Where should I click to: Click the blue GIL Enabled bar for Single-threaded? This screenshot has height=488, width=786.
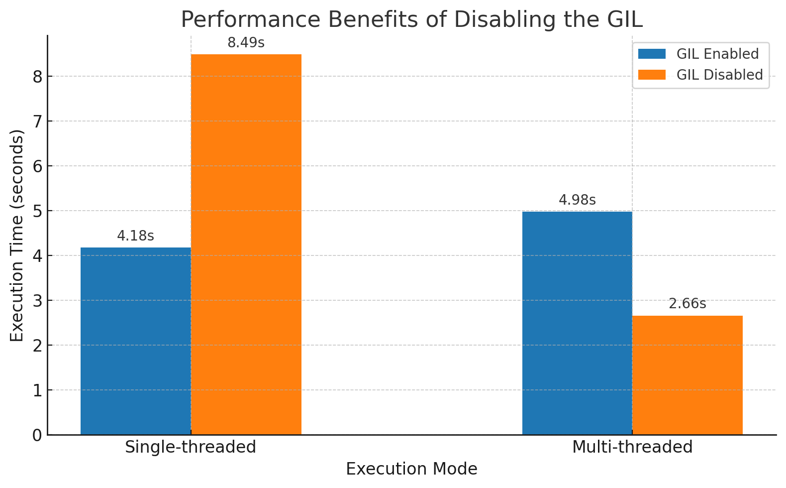(x=135, y=341)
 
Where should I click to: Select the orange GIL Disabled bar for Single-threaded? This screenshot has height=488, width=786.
(x=246, y=244)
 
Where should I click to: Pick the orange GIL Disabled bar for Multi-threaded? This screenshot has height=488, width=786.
(x=688, y=375)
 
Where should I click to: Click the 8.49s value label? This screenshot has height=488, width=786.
(x=246, y=43)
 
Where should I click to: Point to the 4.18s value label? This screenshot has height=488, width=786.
(x=135, y=236)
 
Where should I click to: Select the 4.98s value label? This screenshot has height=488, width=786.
(x=577, y=200)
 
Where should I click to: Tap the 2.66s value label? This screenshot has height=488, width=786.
(x=688, y=304)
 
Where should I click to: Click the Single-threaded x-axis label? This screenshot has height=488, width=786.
(x=191, y=447)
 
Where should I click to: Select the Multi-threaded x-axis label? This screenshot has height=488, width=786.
(x=632, y=447)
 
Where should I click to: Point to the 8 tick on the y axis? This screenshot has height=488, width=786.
(x=37, y=77)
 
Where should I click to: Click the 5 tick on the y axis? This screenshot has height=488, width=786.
(x=37, y=211)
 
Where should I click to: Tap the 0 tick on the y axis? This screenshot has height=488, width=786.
(x=37, y=435)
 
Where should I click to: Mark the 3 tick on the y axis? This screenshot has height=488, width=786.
(x=37, y=301)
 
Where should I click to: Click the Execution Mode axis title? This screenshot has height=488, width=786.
(x=411, y=469)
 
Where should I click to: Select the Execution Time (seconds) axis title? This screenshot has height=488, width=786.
(x=17, y=235)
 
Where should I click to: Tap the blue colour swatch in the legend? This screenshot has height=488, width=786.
(x=652, y=54)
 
